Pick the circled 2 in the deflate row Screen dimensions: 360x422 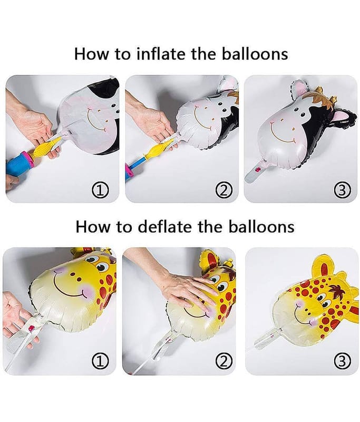tap(223, 361)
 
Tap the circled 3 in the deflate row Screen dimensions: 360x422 tap(342, 361)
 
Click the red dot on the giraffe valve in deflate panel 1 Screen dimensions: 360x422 tap(32, 328)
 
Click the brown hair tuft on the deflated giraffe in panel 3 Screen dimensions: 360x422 tap(336, 292)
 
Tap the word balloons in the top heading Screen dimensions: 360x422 tap(255, 54)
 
